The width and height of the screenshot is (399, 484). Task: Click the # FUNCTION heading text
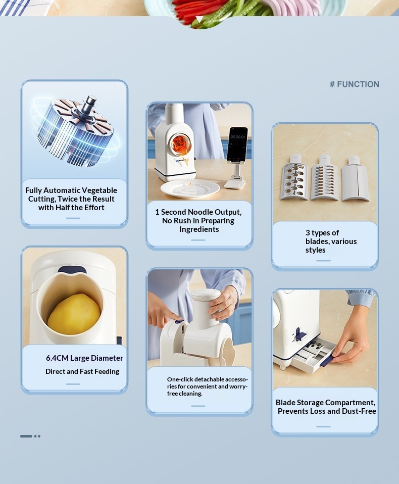tap(355, 84)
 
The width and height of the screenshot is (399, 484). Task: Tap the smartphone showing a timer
tap(237, 144)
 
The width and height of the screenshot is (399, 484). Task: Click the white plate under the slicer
tap(190, 188)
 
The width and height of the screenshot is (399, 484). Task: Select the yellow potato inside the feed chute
tap(74, 314)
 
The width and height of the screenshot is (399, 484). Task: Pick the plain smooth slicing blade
tap(356, 179)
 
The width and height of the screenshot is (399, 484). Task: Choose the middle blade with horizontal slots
tap(325, 178)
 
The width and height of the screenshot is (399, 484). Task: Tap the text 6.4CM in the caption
tap(57, 358)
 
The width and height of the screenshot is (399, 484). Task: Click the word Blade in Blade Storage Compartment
tap(284, 403)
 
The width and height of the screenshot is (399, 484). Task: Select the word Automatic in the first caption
tap(63, 190)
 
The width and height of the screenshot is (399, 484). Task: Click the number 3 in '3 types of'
tap(308, 233)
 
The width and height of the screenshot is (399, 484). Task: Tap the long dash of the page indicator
tap(26, 436)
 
